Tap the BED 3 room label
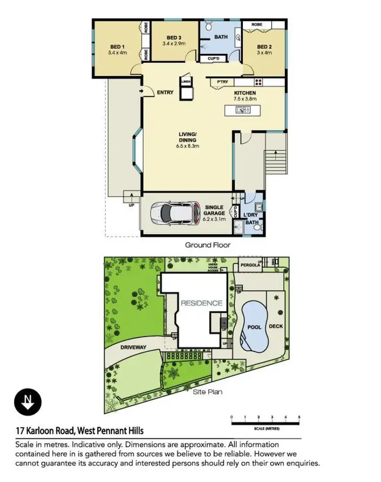click(x=174, y=38)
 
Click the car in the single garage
click(x=176, y=214)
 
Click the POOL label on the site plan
click(x=254, y=327)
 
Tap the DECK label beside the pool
click(x=276, y=326)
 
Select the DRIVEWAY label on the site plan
click(x=134, y=347)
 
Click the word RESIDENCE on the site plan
click(x=202, y=303)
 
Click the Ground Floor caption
click(x=207, y=245)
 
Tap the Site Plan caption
click(x=207, y=392)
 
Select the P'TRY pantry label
click(x=222, y=82)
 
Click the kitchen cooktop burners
click(x=258, y=82)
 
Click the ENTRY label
click(x=166, y=93)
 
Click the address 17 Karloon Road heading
click(x=79, y=431)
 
